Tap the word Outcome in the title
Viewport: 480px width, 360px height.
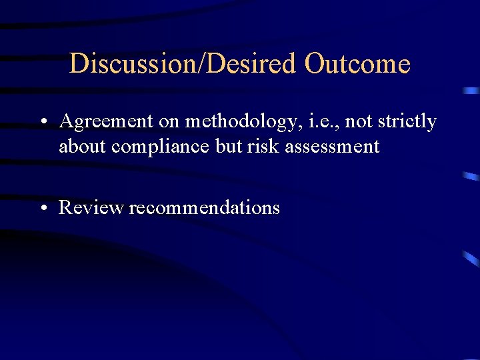(357, 64)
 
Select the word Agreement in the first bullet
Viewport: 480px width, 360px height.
(105, 122)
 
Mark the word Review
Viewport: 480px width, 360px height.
(91, 207)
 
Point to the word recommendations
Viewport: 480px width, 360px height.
(204, 207)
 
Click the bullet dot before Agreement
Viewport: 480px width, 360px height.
(42, 123)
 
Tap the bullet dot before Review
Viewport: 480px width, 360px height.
(42, 208)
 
